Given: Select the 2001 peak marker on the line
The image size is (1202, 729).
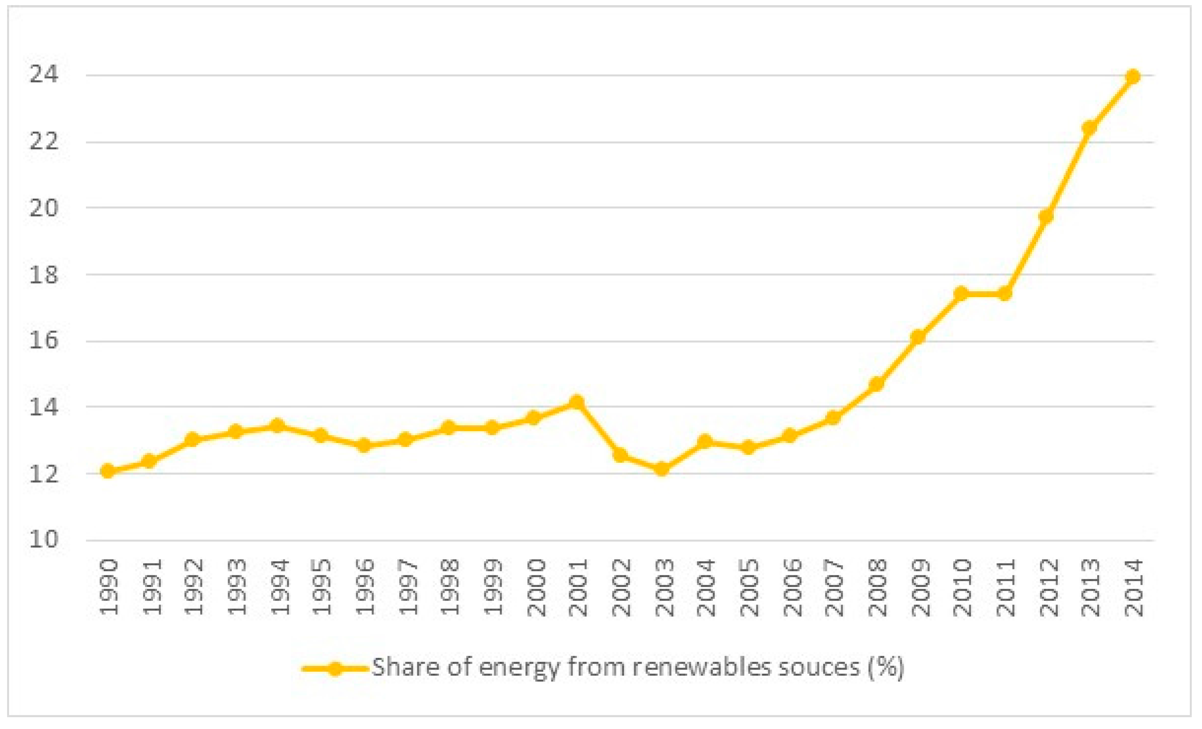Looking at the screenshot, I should pos(577,402).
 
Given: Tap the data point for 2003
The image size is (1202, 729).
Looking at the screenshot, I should pos(662,469).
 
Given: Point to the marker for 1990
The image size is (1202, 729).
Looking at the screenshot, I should pos(107,471).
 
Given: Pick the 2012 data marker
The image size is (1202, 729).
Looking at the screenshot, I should pos(1046,216).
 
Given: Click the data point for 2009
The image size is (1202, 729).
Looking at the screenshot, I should pos(917,337).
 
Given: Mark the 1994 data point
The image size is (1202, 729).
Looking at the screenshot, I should pos(277,425).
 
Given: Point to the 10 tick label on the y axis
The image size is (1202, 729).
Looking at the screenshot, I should pos(44,539).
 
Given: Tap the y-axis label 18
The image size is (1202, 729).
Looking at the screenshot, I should pos(44,275).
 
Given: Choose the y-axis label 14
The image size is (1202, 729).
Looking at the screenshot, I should pos(44,407).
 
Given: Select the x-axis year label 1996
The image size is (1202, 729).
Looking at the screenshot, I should pos(365,588).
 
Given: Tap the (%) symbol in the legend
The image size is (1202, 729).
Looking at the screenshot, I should pos(886,667).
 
